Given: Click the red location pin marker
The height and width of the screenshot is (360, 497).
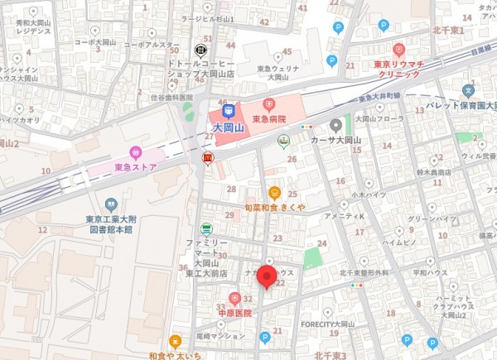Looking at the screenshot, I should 267,276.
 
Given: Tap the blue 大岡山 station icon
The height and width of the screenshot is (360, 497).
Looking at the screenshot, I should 229,110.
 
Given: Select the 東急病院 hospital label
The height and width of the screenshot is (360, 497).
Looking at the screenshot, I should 269,118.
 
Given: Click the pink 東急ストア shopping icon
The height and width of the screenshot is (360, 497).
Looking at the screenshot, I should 135,152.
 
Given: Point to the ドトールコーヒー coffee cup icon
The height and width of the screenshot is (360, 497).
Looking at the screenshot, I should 200,49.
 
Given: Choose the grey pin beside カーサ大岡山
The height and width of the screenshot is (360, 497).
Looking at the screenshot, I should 335,126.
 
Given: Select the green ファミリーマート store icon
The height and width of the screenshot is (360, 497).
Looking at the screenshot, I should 205,228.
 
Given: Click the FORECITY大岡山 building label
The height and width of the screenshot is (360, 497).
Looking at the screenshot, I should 327,324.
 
